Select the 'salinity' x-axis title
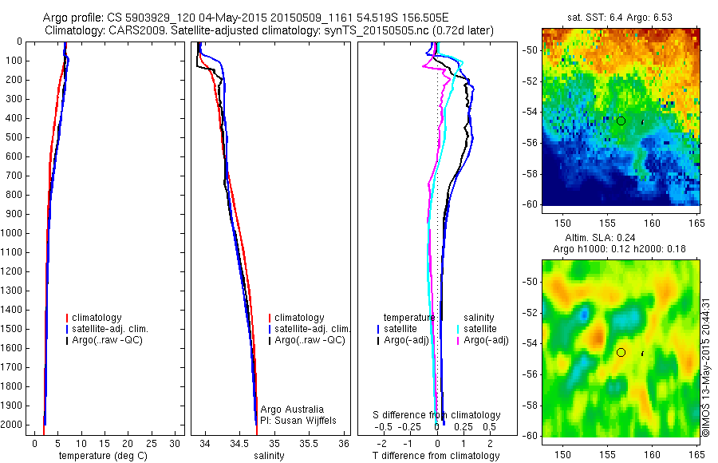pos(270,456)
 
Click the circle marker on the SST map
pos(621,121)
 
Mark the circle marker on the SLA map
pos(621,352)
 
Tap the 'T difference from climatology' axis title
pos(436,456)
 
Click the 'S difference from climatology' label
pos(437,415)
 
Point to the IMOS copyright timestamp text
pos(706,366)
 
